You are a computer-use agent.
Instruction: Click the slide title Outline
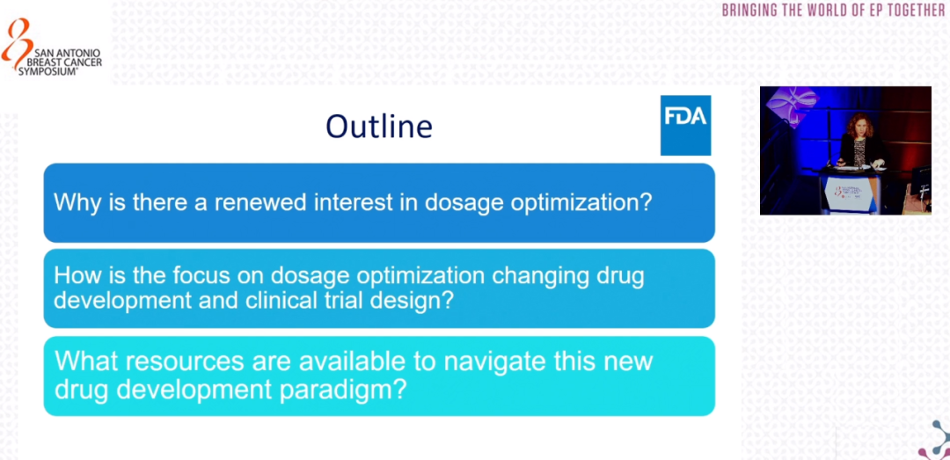(379, 126)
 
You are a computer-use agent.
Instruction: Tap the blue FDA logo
(685, 125)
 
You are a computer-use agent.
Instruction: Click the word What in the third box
(82, 361)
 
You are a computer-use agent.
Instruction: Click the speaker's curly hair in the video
(859, 125)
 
